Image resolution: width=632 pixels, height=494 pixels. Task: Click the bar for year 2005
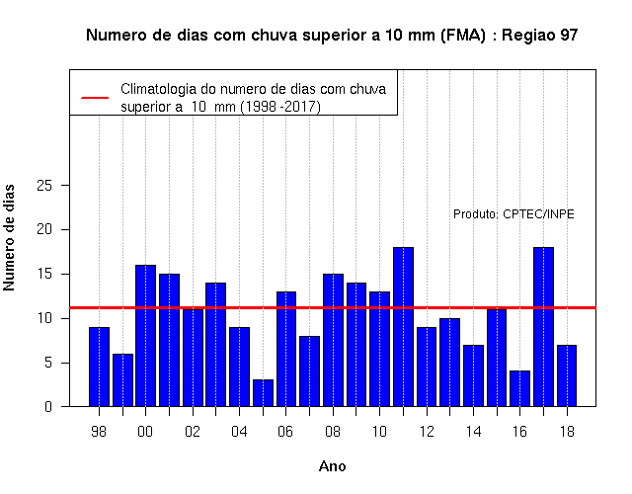point(264,393)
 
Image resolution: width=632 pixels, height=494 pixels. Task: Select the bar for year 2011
point(404,327)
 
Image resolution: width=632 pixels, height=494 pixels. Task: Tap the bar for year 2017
point(543,327)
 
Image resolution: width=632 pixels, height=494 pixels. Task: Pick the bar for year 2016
point(520,388)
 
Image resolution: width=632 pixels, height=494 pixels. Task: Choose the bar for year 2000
point(145,336)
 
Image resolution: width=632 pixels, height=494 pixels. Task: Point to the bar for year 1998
point(99,367)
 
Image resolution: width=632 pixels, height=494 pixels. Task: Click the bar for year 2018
point(567,375)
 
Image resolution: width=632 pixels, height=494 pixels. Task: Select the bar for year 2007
point(309,371)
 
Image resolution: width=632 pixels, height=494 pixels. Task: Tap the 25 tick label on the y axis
point(44,186)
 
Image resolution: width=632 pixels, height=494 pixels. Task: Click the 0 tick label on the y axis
point(48,406)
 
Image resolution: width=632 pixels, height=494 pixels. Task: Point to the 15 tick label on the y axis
point(44,275)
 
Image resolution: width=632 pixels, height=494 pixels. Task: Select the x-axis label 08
point(333,432)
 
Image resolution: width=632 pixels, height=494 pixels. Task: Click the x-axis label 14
point(474,432)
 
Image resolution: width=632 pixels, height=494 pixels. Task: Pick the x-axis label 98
point(99,432)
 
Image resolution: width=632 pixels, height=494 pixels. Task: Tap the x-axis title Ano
point(333,466)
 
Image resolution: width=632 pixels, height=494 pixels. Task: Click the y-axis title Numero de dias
point(9,237)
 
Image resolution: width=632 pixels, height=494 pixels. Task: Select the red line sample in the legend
point(95,98)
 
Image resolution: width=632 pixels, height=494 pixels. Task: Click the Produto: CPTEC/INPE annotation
point(513,214)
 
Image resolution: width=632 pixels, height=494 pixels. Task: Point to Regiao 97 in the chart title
point(540,36)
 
